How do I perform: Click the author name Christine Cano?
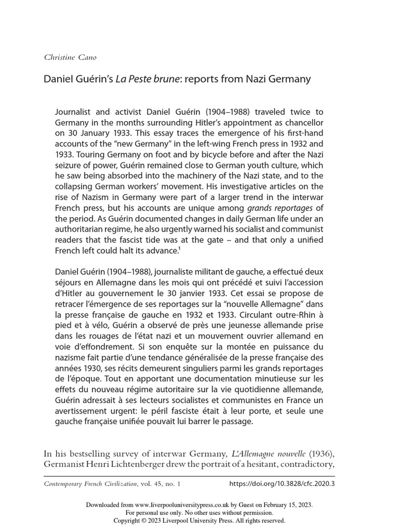tap(70, 57)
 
